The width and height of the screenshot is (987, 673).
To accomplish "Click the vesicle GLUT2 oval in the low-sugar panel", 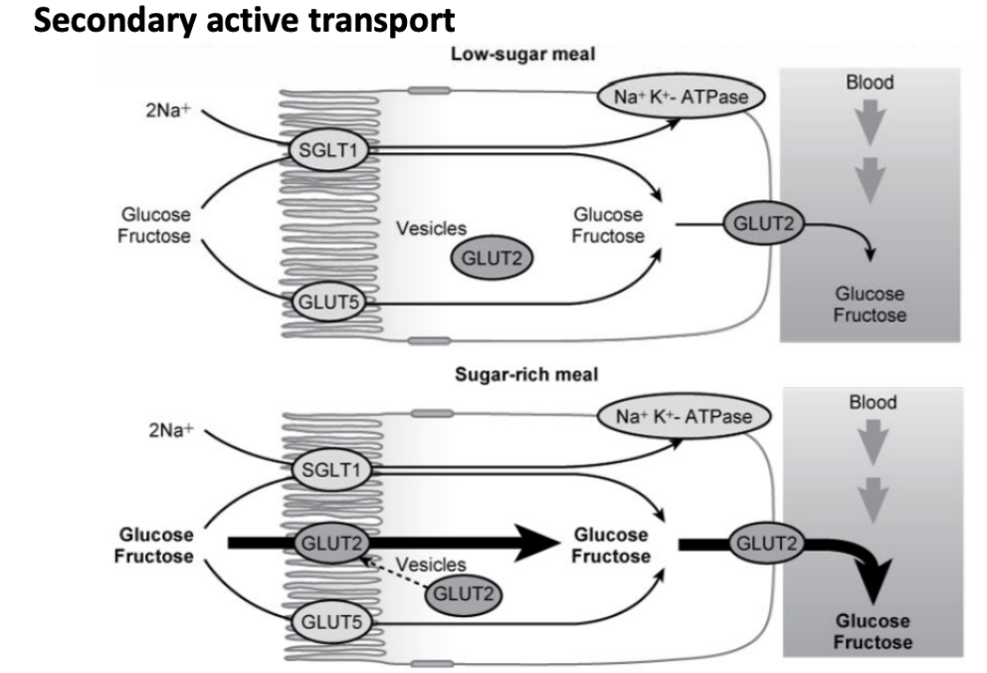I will (x=491, y=258).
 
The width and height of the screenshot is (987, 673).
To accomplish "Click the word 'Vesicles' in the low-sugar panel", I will (x=432, y=228).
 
